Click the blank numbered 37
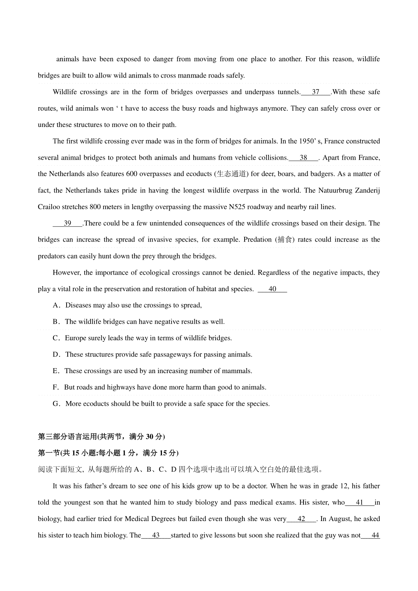click(316, 92)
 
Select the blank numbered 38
click(303, 158)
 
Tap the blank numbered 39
click(68, 223)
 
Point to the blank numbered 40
click(272, 289)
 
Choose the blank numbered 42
click(302, 519)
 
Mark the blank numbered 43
click(156, 535)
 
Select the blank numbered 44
click(375, 535)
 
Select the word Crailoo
click(48, 207)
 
